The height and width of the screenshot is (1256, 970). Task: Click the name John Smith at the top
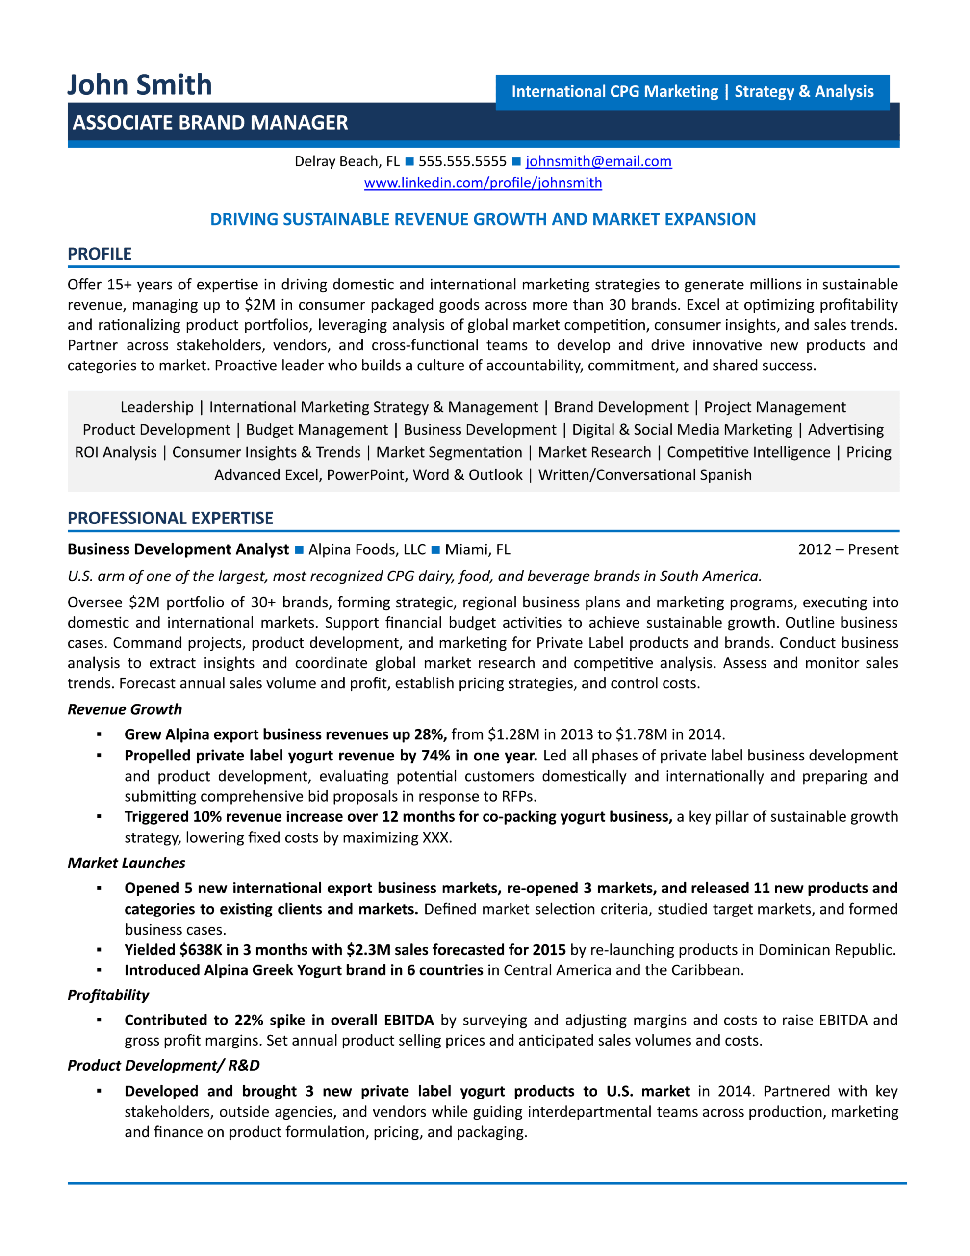point(139,85)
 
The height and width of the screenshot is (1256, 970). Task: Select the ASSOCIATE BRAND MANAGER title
point(210,123)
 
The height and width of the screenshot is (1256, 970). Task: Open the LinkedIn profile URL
point(483,183)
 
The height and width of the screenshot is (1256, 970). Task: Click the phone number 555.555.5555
point(462,161)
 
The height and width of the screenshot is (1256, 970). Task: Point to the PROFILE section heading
point(100,254)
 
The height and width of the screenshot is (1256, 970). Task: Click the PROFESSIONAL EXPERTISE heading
point(170,518)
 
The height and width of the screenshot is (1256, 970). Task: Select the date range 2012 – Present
point(847,550)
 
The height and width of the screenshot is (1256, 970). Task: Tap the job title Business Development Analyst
point(178,550)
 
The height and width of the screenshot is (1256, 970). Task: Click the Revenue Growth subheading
point(125,709)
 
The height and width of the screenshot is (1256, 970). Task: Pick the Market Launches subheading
point(127,863)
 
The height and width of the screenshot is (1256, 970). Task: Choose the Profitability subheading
point(108,995)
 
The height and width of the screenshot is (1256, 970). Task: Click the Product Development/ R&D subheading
point(163,1066)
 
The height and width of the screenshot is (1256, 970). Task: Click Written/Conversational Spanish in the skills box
point(644,475)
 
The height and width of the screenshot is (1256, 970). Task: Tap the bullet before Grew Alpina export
point(100,734)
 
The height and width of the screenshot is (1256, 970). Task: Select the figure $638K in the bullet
point(201,950)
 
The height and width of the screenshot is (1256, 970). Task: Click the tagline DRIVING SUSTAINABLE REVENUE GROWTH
point(483,219)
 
